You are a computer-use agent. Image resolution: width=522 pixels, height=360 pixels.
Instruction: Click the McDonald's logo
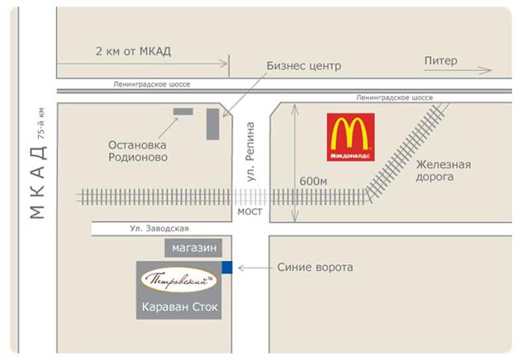(x=350, y=137)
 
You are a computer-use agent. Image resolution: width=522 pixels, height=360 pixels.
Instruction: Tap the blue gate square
(x=227, y=268)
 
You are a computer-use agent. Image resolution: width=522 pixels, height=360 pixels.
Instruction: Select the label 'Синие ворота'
(x=315, y=268)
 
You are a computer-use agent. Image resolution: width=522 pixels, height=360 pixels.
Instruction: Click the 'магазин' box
(x=193, y=248)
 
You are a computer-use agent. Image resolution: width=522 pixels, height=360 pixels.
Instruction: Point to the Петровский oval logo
(x=179, y=280)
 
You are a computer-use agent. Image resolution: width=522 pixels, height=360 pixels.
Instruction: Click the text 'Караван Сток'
(x=180, y=307)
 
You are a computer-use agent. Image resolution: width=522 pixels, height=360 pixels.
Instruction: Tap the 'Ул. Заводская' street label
(x=159, y=229)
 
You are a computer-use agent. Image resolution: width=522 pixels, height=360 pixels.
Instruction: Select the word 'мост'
(x=249, y=211)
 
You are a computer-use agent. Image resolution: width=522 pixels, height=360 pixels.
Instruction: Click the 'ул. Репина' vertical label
(x=251, y=152)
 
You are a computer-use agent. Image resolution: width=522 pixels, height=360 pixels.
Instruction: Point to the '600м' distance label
(x=313, y=182)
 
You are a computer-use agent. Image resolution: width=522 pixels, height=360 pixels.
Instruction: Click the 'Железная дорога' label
(x=444, y=171)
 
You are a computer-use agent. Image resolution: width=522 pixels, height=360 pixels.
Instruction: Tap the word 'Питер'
(x=441, y=61)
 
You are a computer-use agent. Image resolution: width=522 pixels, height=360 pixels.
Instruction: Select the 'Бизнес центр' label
(x=304, y=66)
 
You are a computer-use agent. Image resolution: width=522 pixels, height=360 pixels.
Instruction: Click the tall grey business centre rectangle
(x=213, y=124)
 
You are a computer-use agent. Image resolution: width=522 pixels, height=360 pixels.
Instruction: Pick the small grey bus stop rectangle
(x=183, y=111)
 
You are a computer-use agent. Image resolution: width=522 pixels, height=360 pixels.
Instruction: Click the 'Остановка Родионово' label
(x=138, y=151)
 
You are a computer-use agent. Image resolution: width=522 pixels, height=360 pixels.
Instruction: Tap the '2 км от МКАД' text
(x=133, y=51)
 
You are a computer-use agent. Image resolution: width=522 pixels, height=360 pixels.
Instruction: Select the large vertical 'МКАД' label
(x=38, y=182)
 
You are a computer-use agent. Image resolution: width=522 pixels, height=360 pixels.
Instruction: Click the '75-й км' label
(x=41, y=123)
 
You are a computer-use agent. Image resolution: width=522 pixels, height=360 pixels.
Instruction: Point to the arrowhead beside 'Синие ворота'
(x=242, y=268)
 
